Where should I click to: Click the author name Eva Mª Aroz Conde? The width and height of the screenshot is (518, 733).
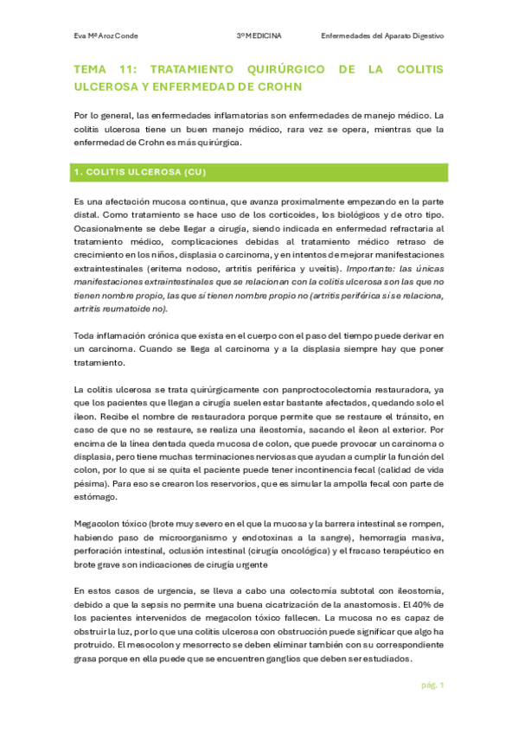(106, 36)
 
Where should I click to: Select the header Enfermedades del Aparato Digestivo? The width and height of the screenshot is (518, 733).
(382, 36)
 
